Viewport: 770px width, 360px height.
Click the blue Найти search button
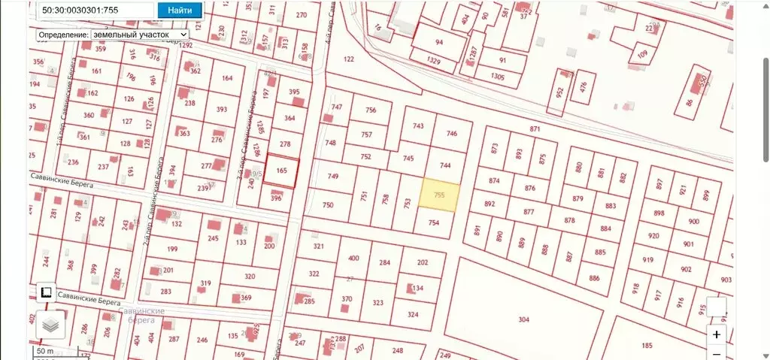(180, 11)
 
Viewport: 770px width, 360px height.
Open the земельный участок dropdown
(139, 35)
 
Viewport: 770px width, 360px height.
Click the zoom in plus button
(717, 334)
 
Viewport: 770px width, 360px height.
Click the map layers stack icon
(50, 325)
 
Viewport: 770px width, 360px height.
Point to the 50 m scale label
(44, 351)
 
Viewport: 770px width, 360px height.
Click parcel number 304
(524, 319)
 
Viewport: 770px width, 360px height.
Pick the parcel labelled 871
(535, 129)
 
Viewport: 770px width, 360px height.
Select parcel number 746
(452, 134)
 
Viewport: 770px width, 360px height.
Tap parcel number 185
(647, 346)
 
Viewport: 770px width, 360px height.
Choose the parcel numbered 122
(348, 59)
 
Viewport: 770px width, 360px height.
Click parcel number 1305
(497, 77)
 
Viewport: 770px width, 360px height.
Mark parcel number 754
(433, 222)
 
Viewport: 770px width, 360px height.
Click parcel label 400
(353, 259)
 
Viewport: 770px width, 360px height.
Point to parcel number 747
(337, 107)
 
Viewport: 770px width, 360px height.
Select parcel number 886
(594, 278)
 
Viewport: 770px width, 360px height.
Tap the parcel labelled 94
(439, 42)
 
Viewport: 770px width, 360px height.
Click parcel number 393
(221, 110)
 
